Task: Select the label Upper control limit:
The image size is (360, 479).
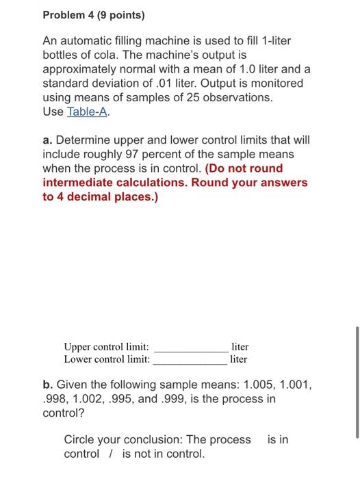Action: tap(106, 347)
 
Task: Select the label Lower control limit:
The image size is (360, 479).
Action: tap(106, 359)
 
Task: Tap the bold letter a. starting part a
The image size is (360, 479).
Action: tap(48, 140)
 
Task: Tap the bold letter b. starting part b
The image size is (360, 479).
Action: tap(48, 385)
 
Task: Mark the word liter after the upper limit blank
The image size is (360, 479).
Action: tap(240, 347)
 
